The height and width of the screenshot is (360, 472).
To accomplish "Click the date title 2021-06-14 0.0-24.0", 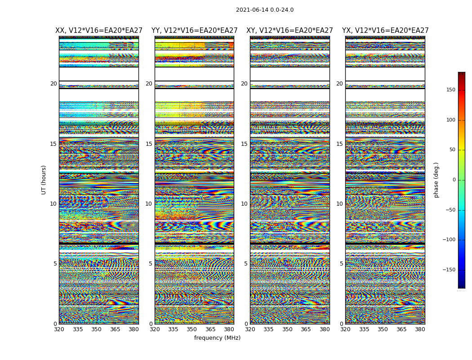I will pos(264,10).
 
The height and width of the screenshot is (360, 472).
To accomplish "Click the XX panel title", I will pos(99,31).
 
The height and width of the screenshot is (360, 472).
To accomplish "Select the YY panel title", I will pos(194,31).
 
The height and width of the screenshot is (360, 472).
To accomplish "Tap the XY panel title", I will pos(289,31).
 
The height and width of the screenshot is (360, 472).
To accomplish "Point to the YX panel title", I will pos(385,31).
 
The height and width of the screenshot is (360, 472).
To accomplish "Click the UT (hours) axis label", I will pos(44,180).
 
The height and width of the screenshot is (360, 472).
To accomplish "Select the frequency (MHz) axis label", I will pos(217,338).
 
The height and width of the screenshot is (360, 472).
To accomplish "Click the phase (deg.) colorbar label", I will pos(436,180).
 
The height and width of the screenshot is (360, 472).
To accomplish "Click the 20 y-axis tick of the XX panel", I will pos(53,84).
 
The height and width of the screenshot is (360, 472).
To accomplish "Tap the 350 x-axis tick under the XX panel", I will pos(96,329).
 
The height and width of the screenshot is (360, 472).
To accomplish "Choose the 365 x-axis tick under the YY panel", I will pos(210,329).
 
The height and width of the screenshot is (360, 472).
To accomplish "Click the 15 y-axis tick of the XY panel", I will pos(244,144).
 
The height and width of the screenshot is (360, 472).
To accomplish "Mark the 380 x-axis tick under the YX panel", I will pos(420,329).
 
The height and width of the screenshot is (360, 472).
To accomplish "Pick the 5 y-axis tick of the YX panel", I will pos(341,264).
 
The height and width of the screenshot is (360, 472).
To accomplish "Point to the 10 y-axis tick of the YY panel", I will pos(148,204).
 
